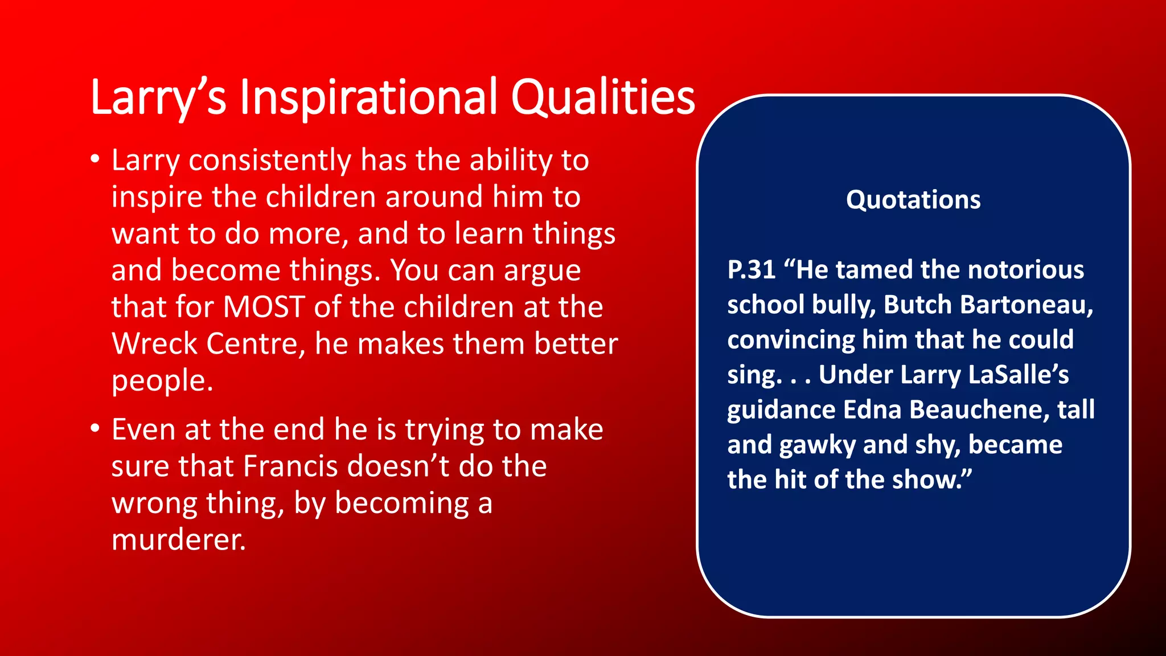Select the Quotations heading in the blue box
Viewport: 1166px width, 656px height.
click(x=913, y=200)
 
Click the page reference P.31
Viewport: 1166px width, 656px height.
click(x=752, y=269)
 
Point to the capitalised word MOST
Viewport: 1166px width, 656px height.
click(x=264, y=307)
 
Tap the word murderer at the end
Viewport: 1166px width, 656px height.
click(x=178, y=539)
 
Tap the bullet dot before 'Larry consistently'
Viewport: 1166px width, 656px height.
click(x=96, y=159)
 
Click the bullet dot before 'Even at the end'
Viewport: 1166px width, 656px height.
click(x=96, y=428)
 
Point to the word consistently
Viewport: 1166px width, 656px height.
click(x=270, y=160)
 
